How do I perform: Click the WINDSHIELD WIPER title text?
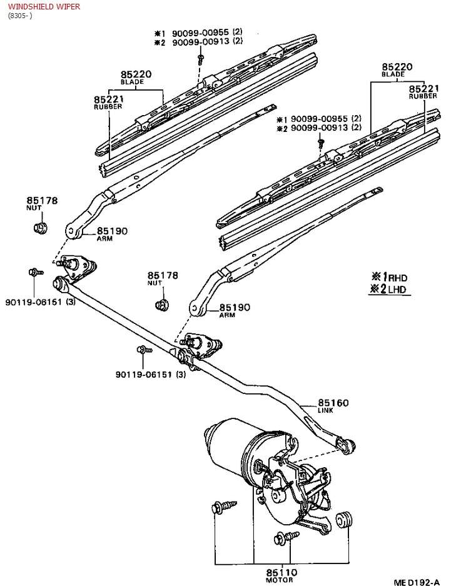click(x=44, y=6)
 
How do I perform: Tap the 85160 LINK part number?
click(x=333, y=403)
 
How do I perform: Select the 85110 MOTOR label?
click(x=281, y=572)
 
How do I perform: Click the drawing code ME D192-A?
click(x=416, y=582)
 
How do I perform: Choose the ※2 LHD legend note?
click(x=388, y=289)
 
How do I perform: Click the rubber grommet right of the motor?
click(x=345, y=519)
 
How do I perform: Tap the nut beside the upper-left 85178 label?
click(x=40, y=227)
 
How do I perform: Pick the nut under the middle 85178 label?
click(x=162, y=305)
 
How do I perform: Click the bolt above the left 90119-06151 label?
click(x=35, y=272)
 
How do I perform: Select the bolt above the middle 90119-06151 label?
click(x=144, y=350)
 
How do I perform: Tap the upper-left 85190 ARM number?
click(x=112, y=231)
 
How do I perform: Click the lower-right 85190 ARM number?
click(x=235, y=307)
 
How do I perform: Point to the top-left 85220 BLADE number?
click(x=136, y=74)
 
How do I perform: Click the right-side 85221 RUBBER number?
click(x=424, y=89)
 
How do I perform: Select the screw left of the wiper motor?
click(x=224, y=507)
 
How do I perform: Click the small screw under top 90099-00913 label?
click(x=201, y=59)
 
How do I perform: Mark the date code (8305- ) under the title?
click(x=20, y=16)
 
